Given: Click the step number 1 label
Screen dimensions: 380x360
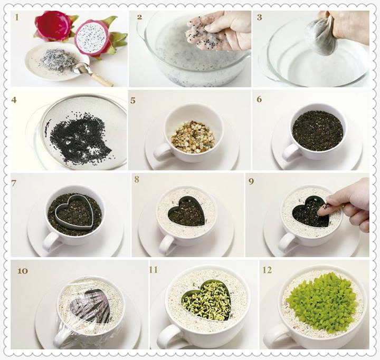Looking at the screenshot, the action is [x=17, y=17].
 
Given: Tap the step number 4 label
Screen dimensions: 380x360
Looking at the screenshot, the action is [x=14, y=100].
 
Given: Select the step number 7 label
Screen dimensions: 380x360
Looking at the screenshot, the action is [x=14, y=183].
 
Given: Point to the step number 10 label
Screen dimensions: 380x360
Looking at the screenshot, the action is [x=23, y=271].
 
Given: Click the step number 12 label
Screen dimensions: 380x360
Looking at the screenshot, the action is [x=268, y=270].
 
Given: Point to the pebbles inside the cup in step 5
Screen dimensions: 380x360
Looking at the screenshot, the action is [x=193, y=137].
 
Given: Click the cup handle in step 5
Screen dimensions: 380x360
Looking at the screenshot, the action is [x=161, y=151].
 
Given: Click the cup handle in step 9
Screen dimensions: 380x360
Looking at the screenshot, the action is [x=286, y=242].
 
